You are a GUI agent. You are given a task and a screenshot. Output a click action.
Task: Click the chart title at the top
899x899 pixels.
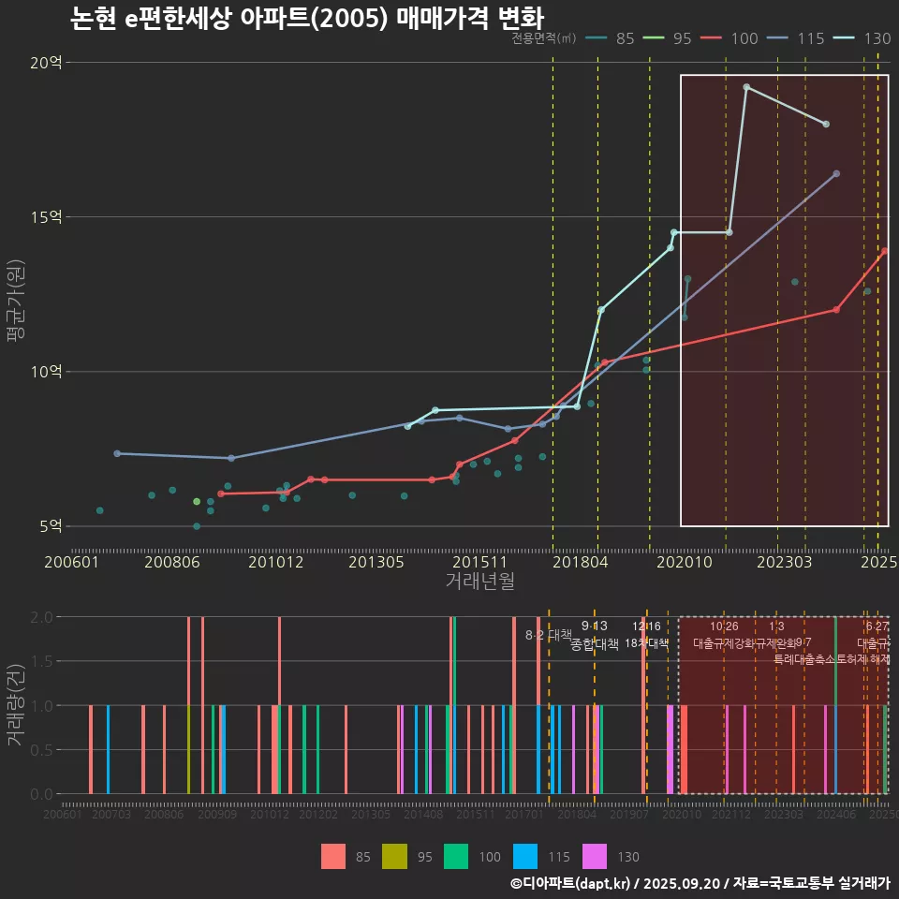pos(307,19)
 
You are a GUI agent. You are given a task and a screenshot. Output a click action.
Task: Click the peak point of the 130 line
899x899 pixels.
pos(746,87)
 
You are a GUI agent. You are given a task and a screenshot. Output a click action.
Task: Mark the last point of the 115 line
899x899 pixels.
pos(836,173)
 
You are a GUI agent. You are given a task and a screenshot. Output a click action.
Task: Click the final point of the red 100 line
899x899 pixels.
pos(884,251)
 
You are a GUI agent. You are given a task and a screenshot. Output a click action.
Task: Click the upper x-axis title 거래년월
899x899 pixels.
pos(479,582)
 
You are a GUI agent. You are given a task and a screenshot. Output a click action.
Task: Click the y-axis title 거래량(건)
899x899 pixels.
pos(16,705)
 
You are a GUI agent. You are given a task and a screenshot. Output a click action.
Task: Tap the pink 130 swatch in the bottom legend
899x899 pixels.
pos(595,856)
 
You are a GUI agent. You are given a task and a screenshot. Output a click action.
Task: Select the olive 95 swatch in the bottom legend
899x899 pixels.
pos(394,856)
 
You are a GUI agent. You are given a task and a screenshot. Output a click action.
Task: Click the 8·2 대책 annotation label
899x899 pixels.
pos(548,635)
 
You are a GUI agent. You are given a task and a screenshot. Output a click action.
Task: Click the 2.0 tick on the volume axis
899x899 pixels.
pos(41,617)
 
